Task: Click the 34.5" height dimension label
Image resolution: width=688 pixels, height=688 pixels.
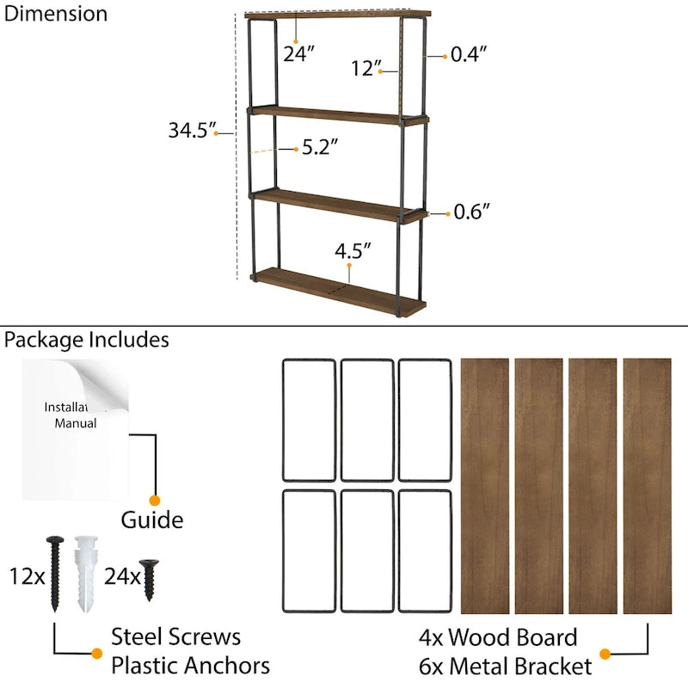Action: (x=189, y=131)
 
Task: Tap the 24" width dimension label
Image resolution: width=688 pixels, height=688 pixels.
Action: (x=299, y=53)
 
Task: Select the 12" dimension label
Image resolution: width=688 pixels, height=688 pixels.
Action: (x=365, y=69)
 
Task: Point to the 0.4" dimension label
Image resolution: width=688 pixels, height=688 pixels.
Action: (x=470, y=55)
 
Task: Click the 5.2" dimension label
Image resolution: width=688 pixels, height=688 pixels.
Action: (x=319, y=148)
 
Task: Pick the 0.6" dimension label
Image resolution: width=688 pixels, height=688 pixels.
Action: (x=471, y=211)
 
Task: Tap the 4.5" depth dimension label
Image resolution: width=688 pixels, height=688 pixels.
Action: (x=353, y=251)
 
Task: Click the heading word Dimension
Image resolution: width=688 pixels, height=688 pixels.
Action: (x=56, y=14)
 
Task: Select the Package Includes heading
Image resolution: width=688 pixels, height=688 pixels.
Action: (x=86, y=340)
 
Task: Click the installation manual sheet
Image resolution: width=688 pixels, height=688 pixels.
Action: (x=76, y=428)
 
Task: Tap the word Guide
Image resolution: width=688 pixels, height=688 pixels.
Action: (x=151, y=519)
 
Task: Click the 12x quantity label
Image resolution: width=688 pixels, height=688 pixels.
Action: (x=27, y=575)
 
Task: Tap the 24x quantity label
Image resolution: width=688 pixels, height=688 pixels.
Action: (x=122, y=575)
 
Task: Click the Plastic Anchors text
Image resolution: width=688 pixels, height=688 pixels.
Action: (x=190, y=665)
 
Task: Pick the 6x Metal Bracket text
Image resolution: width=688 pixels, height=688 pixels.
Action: (x=505, y=666)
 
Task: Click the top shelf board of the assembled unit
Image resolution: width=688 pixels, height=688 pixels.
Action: (x=337, y=15)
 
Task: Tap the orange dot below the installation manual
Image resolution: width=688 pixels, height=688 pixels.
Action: (x=155, y=500)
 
